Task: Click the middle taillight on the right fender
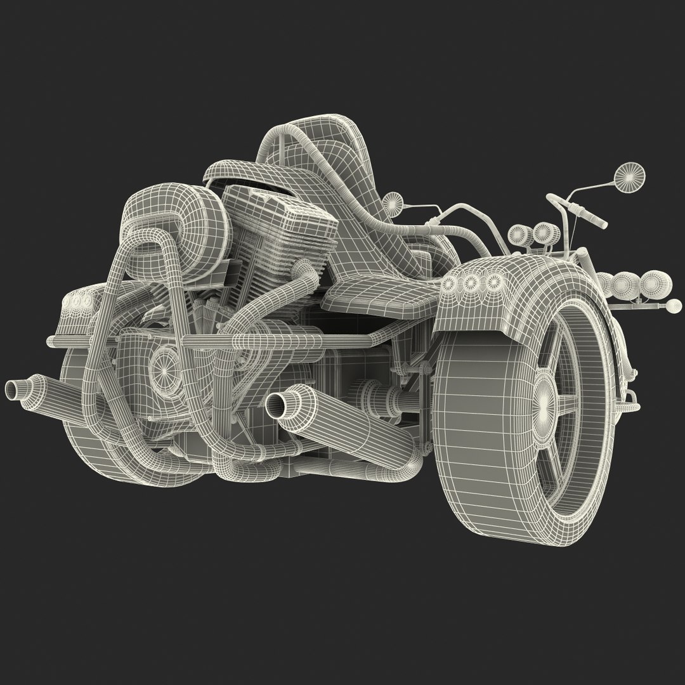[x=471, y=284]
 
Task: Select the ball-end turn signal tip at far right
[x=670, y=306]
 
